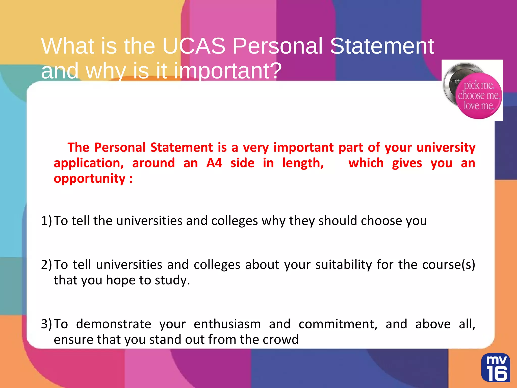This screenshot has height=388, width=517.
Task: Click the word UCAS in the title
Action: (x=194, y=46)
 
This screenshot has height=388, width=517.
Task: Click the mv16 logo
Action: (x=495, y=368)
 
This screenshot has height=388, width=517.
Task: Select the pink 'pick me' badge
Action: (x=478, y=95)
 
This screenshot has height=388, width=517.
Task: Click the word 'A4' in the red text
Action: (x=214, y=163)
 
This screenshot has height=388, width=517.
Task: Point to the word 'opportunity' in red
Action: (x=90, y=179)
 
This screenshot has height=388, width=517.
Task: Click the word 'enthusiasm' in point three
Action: (x=227, y=324)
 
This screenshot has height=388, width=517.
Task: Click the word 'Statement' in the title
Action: (x=382, y=46)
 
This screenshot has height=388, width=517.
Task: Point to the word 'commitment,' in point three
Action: (x=338, y=324)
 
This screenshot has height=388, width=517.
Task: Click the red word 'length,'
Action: (x=303, y=163)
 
